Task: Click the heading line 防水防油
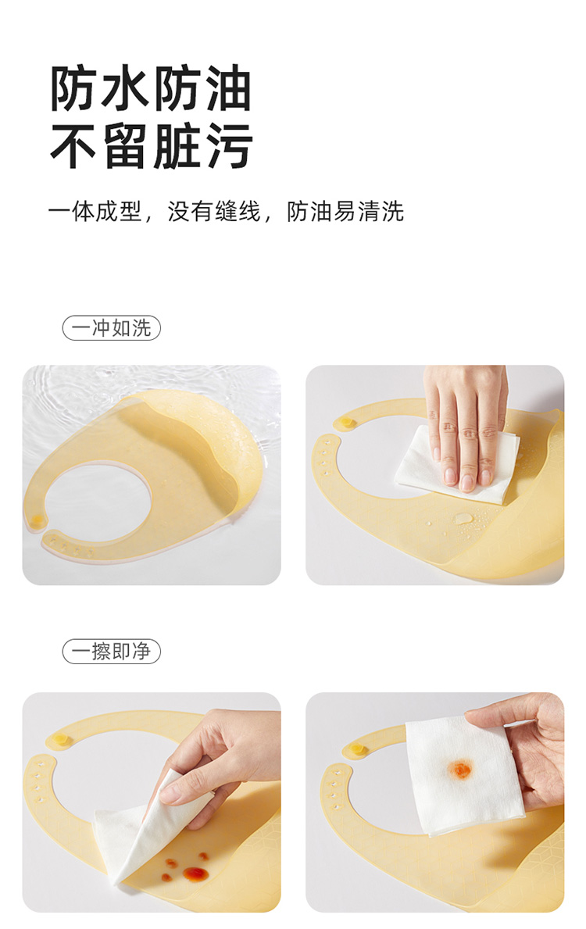click(151, 88)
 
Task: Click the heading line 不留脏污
click(151, 146)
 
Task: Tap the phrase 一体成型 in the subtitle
click(95, 212)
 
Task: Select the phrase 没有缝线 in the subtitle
click(214, 212)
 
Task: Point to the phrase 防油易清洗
click(345, 212)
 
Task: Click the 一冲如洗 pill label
click(112, 327)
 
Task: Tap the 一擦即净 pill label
click(112, 651)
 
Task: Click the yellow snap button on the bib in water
click(38, 520)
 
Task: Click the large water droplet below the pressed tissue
click(463, 519)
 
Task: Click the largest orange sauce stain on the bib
click(195, 874)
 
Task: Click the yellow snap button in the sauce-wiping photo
click(60, 739)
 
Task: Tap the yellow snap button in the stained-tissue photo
click(357, 749)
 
